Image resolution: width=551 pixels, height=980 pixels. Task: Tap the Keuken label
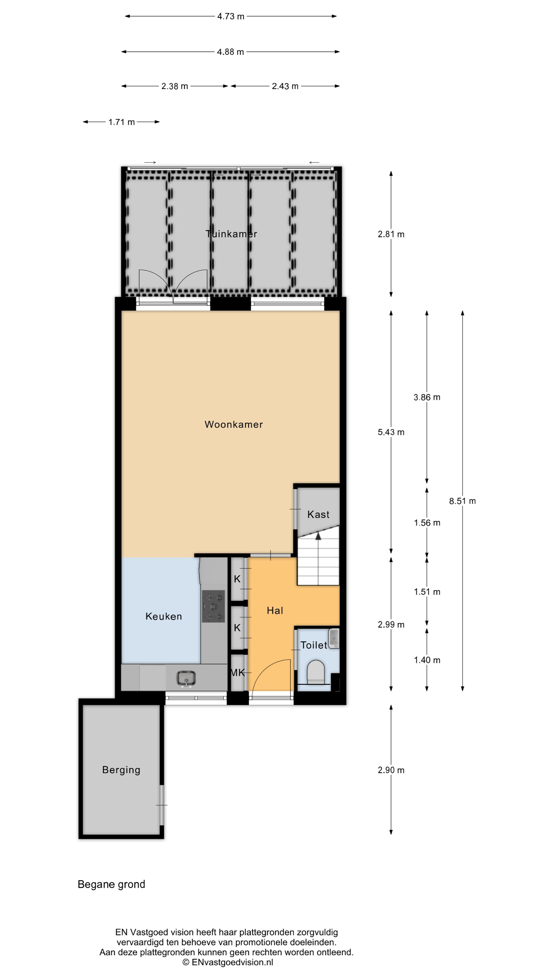(164, 616)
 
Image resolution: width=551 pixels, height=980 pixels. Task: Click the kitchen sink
(186, 678)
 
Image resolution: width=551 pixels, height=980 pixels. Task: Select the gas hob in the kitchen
(213, 606)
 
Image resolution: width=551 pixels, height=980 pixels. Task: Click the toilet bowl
(315, 671)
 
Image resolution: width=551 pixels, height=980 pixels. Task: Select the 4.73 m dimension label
(231, 16)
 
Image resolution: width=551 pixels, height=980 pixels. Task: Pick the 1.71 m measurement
(121, 122)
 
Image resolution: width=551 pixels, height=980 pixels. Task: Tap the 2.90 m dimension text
(391, 770)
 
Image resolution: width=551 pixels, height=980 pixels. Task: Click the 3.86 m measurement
(427, 397)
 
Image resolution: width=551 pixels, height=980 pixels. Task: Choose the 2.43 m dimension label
(285, 86)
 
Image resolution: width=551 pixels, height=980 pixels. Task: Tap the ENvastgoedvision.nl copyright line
(228, 962)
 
